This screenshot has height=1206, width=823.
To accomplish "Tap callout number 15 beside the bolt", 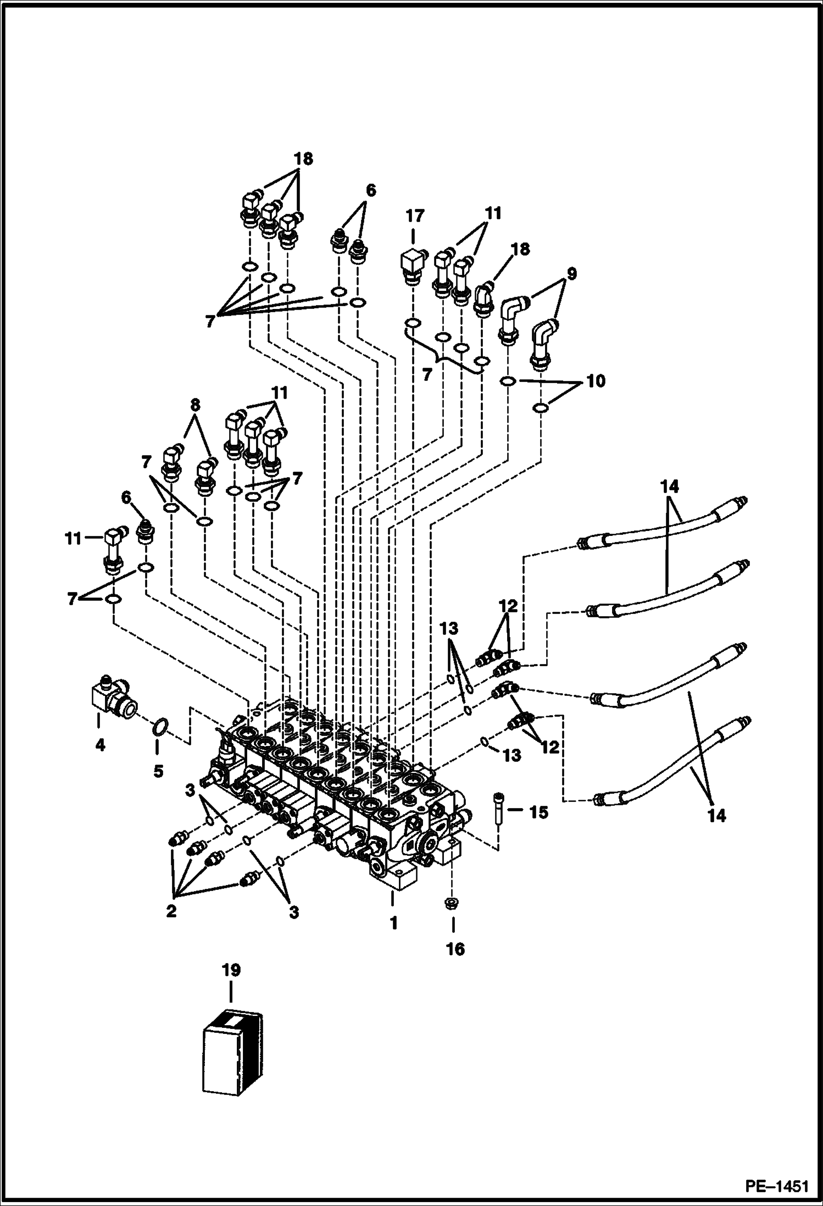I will pyautogui.click(x=538, y=812).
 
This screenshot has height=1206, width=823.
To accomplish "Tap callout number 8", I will pyautogui.click(x=194, y=405).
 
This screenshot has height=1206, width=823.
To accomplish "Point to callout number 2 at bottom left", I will pyautogui.click(x=171, y=911).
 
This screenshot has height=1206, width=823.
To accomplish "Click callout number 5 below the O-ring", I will pyautogui.click(x=158, y=771).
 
